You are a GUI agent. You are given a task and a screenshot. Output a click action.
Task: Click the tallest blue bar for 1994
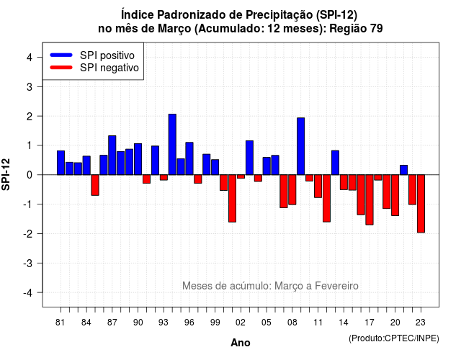tap(172, 144)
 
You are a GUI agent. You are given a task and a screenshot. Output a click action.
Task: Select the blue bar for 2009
tap(301, 146)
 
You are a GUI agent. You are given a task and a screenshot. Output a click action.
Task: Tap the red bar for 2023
tap(421, 204)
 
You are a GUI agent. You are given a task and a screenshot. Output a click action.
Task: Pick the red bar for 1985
tap(95, 185)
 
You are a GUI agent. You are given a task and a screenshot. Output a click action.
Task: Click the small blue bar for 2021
tap(403, 170)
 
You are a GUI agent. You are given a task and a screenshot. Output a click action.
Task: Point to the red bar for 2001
tap(232, 199)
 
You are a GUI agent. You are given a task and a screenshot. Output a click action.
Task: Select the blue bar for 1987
tap(112, 156)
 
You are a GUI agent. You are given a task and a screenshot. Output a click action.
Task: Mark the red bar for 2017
tap(370, 200)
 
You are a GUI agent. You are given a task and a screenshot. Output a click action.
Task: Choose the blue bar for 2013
tap(335, 163)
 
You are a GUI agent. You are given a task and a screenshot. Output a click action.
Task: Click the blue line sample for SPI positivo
tap(61, 55)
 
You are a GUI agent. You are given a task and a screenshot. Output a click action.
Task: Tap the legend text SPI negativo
tap(109, 68)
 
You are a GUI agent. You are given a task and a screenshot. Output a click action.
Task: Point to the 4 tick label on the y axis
tap(30, 58)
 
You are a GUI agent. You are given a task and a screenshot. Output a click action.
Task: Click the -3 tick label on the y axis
tap(28, 264)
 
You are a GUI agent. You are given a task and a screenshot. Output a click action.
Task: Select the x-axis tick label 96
tap(189, 323)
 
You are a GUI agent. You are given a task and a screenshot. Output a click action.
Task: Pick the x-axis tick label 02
tap(241, 323)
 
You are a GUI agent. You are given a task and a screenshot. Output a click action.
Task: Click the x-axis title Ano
tap(241, 343)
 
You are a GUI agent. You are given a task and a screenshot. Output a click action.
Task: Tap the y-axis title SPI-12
tap(6, 174)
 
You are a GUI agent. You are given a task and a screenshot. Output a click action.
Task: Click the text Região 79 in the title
tap(356, 29)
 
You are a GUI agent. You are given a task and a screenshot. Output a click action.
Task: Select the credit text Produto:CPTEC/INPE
tap(394, 338)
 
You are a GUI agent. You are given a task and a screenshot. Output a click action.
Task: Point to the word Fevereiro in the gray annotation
tap(336, 286)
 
